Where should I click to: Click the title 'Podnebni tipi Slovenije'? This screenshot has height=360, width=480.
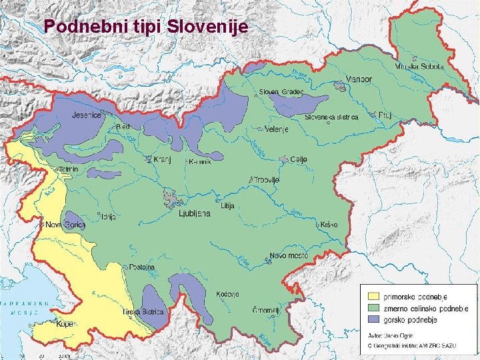145,27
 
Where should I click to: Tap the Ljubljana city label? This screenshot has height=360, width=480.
195,213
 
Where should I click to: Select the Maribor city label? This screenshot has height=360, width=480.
358,79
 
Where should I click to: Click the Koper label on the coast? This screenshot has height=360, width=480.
65,325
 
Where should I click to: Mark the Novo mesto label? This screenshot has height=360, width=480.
289,257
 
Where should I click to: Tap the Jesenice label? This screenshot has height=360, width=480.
86,115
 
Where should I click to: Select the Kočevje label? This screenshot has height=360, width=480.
227,294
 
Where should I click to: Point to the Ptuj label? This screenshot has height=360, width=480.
385,115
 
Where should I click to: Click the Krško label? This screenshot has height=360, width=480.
329,225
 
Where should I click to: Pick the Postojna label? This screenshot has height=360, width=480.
142,267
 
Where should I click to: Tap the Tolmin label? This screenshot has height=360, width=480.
68,169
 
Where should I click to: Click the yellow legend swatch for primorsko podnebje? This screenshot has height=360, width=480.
374,295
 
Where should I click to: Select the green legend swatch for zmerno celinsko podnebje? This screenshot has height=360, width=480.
374,307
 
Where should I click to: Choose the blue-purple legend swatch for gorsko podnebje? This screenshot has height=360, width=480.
374,319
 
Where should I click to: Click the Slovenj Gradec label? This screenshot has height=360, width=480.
281,91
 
